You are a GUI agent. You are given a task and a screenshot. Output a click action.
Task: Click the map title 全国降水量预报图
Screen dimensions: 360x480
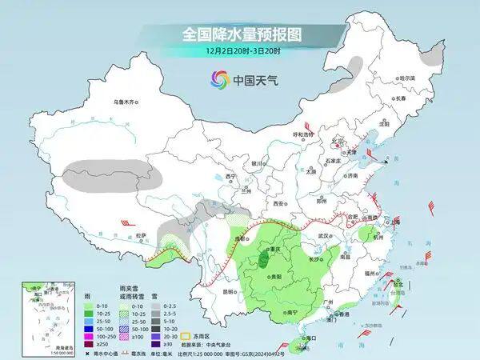[x=240, y=34]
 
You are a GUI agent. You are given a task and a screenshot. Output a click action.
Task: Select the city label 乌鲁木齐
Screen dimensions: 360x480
[x=126, y=102]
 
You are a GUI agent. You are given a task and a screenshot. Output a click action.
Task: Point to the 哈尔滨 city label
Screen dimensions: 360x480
[x=406, y=78]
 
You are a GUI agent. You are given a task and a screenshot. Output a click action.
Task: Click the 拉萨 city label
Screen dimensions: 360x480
[x=141, y=235]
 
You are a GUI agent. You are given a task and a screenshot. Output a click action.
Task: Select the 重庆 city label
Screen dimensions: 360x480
[x=277, y=249]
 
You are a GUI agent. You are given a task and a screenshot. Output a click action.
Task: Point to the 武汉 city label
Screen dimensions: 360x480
[x=323, y=236]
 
